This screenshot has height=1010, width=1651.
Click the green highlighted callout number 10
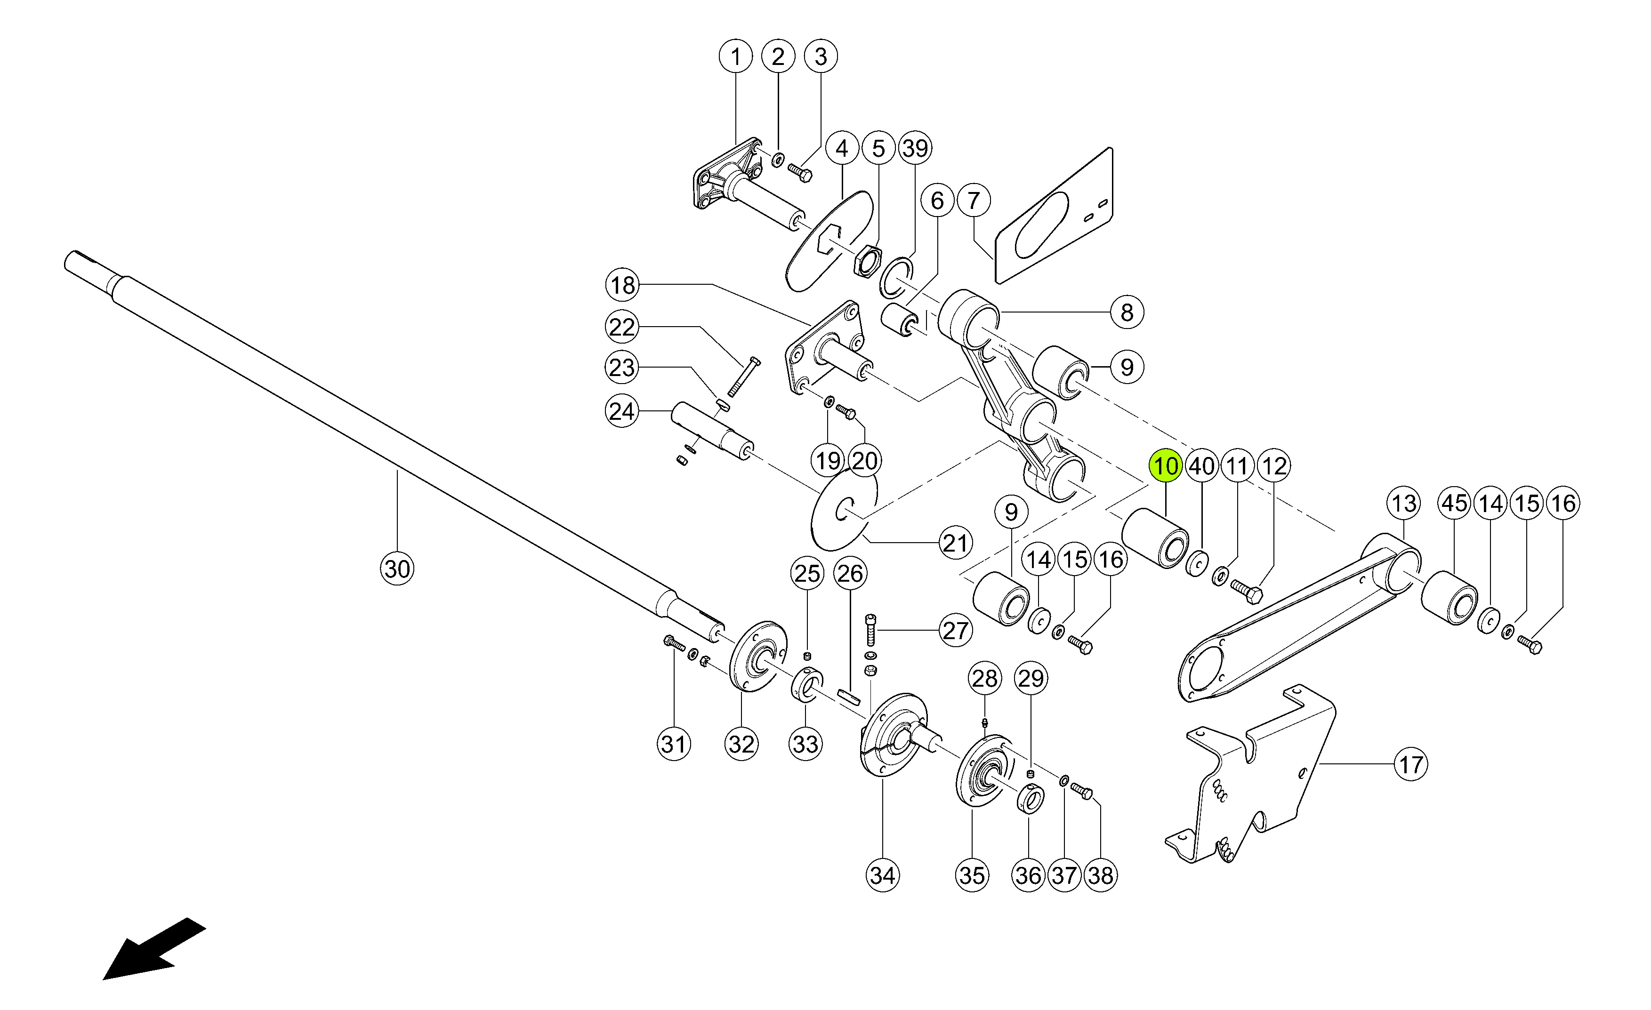[1166, 466]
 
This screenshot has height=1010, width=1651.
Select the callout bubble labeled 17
[1410, 764]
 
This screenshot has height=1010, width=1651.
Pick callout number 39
[915, 148]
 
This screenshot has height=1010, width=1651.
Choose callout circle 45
[1455, 503]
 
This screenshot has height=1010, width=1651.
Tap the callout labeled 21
[956, 543]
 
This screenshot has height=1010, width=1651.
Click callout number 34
[882, 875]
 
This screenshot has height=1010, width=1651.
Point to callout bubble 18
[622, 285]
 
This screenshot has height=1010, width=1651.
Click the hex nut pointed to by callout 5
[867, 259]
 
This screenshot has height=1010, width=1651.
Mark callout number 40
[1201, 466]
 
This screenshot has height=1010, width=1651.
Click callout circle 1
[736, 56]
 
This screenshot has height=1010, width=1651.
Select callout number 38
[1100, 875]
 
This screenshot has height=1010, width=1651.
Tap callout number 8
[1127, 312]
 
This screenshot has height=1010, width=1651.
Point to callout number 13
[1404, 503]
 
